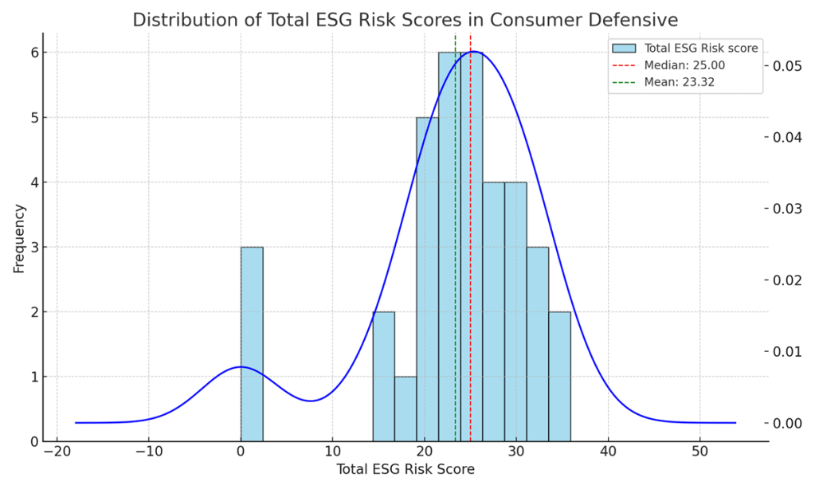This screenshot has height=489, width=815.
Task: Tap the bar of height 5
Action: click(x=427, y=279)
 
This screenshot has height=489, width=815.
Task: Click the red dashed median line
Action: click(x=470, y=239)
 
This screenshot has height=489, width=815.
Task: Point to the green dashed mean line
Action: click(x=455, y=239)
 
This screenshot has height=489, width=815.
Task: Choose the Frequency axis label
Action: click(x=19, y=238)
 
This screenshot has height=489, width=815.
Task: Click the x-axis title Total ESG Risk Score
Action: click(x=406, y=470)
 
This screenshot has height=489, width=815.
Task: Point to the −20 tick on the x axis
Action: click(x=57, y=451)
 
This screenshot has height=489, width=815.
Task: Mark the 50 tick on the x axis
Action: click(x=699, y=451)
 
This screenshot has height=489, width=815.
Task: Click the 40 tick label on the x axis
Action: click(x=608, y=451)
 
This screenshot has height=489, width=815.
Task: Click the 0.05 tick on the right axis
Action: click(x=789, y=66)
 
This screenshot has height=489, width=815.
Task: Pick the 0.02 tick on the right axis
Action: click(x=789, y=280)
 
